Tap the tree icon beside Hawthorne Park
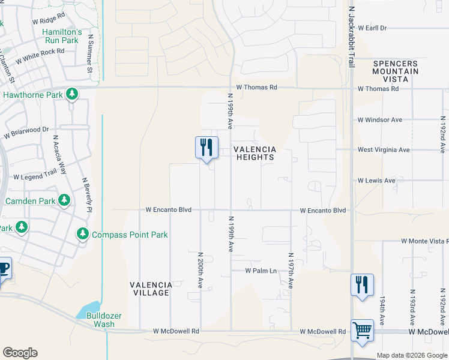click(72, 94)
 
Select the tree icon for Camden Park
click(64, 200)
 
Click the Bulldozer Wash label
click(100, 319)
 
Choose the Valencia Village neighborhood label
click(151, 289)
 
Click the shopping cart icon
click(362, 330)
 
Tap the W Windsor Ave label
click(379, 120)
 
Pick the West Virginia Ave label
click(383, 149)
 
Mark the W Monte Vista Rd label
click(416, 241)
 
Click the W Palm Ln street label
click(261, 271)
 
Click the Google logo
click(20, 353)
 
